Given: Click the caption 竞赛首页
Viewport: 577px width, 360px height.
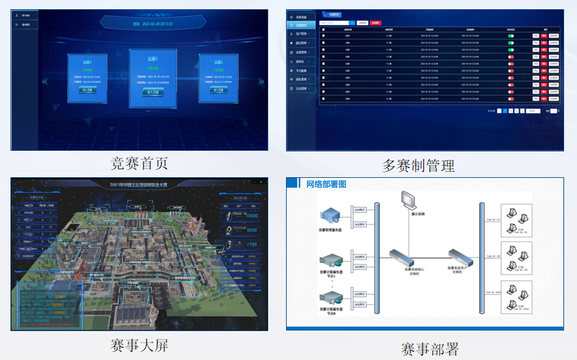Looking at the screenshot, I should coord(139,163).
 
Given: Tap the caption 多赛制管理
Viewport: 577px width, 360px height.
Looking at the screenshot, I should coord(418,166).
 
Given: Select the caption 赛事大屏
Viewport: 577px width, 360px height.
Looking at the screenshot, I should coord(139,345).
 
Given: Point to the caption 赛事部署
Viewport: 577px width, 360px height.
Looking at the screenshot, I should coord(430,349).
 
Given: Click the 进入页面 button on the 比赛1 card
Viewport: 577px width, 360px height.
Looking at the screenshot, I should coord(153,92).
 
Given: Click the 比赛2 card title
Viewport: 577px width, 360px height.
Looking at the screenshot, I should coord(218,62).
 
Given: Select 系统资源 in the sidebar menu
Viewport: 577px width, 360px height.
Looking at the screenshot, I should coord(301,17).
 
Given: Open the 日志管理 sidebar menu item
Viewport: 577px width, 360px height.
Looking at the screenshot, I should coord(301,88).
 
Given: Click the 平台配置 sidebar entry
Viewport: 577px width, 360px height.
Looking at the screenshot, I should coord(301,70).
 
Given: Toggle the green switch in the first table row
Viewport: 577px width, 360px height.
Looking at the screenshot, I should coord(511,36).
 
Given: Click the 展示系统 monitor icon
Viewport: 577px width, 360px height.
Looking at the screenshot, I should coord(407,201).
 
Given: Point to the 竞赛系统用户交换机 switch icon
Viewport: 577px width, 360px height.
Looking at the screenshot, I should coord(461,255).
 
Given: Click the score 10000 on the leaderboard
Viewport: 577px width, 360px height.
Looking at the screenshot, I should coord(251,216).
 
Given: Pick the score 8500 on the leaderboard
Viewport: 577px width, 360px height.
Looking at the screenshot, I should coord(251,230).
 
